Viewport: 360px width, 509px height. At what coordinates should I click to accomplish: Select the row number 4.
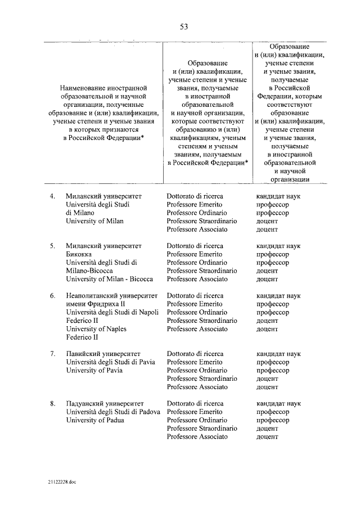click(x=52, y=196)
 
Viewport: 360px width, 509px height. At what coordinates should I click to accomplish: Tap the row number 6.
click(x=52, y=295)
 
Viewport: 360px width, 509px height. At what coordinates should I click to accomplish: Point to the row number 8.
click(x=52, y=403)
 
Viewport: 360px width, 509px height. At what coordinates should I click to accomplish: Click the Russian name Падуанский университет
click(x=105, y=403)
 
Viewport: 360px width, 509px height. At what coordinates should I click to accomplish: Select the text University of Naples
click(x=96, y=328)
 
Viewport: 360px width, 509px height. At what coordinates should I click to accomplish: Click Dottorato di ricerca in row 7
click(x=195, y=354)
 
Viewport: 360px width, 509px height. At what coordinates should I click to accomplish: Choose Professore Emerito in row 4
click(x=194, y=205)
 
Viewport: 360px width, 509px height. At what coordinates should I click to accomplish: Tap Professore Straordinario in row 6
click(x=201, y=321)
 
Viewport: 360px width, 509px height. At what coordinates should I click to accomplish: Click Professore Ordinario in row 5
click(x=196, y=263)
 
